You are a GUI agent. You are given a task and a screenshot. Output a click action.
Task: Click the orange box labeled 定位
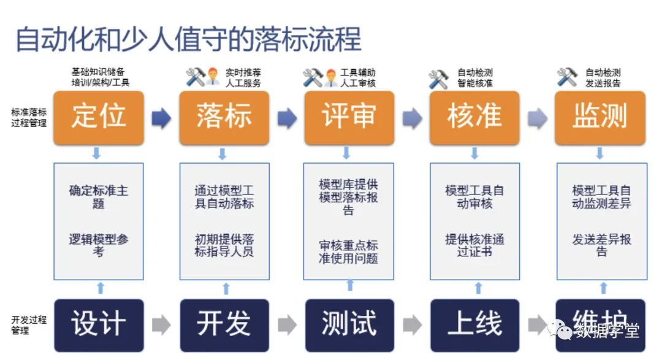[x=98, y=117]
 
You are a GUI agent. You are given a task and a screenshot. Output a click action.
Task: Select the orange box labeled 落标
[x=224, y=117]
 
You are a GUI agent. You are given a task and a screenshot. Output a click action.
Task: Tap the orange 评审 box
[x=349, y=117]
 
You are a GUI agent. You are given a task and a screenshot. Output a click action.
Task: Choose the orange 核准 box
[x=474, y=117]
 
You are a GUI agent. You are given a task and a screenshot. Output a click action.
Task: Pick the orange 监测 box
[x=599, y=117]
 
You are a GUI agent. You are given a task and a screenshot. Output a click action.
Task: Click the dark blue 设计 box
[x=98, y=324]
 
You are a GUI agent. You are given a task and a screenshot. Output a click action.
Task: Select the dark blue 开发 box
[x=224, y=324]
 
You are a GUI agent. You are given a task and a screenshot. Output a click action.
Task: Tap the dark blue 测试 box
[x=349, y=324]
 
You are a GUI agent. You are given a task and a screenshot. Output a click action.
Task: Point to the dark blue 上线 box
[x=474, y=324]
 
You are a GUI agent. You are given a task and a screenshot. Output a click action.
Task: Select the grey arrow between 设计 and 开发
[x=161, y=324]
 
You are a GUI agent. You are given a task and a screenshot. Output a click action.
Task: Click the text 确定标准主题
[x=98, y=197]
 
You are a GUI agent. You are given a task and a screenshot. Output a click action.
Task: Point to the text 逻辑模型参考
[x=98, y=245]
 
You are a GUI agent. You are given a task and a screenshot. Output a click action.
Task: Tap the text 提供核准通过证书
[x=474, y=245]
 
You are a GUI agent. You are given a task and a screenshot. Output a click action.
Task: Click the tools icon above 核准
[x=439, y=79]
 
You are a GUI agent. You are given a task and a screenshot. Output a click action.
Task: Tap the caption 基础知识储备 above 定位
[x=98, y=72]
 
